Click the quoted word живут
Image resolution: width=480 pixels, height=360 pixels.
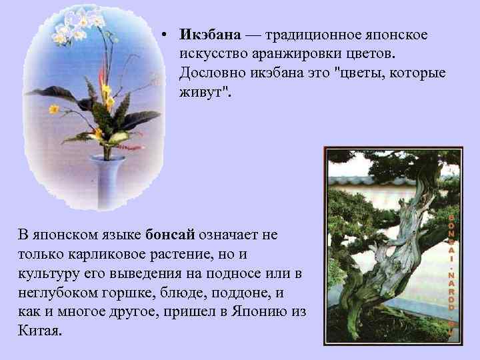(203, 91)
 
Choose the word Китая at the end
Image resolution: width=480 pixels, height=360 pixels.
(39, 331)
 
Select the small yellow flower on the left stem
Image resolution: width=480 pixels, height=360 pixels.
(53, 109)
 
